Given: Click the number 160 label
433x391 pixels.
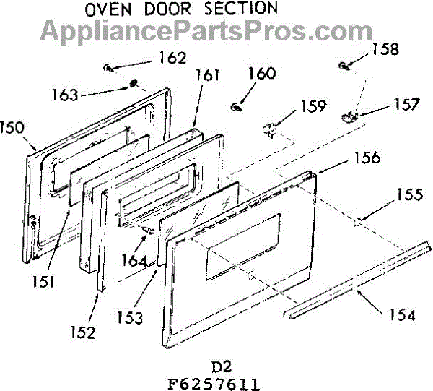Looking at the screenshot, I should pos(262,74).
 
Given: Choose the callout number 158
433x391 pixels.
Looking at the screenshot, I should pos(385,49).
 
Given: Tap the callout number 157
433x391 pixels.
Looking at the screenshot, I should pos(406,104).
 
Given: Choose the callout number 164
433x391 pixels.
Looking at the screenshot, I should pos(134,260).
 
